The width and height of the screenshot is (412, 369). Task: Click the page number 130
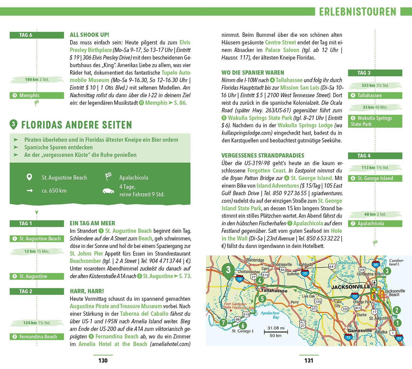pos(103,360)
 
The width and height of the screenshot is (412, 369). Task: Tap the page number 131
pos(309,360)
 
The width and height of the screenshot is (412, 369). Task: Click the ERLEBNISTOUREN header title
pos(358,12)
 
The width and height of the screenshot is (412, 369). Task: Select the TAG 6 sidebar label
pos(26,35)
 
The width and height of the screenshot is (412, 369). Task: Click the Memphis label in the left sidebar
pos(29,96)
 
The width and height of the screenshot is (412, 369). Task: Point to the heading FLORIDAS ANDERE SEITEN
pos(77,125)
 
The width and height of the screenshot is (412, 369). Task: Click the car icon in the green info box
pos(108,191)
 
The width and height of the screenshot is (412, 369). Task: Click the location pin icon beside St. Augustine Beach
pos(29,177)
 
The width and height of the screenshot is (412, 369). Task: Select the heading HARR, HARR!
pos(87,291)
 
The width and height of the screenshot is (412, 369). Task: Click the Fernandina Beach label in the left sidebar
pos(38,337)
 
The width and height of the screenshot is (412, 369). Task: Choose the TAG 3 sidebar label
pos(364,73)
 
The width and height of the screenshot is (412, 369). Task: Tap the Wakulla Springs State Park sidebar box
pos(375,121)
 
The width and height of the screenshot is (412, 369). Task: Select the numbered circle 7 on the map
pos(223,322)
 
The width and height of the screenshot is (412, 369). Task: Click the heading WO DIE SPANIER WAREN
pos(253,73)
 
